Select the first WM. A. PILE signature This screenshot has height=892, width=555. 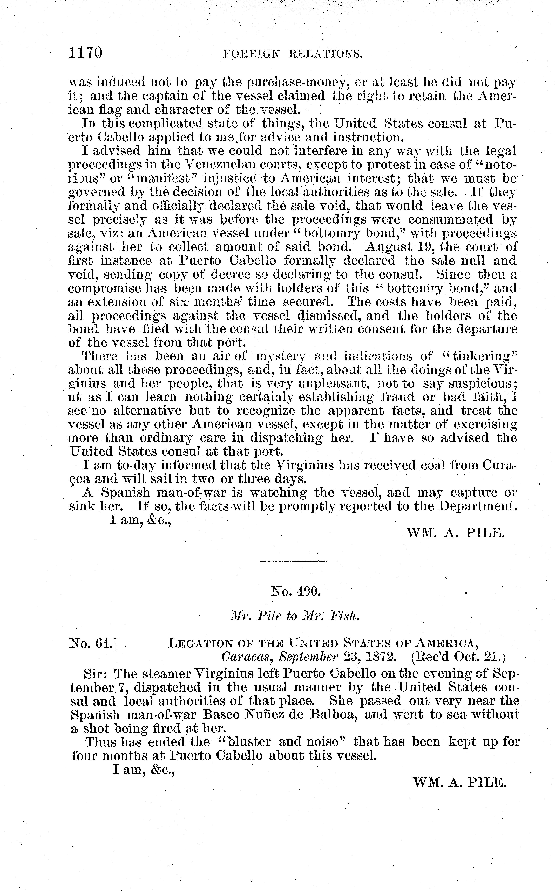pos(456,533)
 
